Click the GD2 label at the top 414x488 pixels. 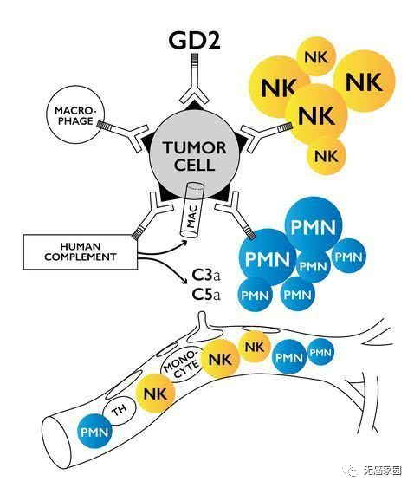pos(194,40)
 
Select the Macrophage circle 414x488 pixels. pos(75,114)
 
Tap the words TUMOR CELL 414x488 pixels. pos(195,156)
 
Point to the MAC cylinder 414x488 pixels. pos(191,211)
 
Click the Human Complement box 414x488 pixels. pos(81,251)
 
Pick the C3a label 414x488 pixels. pos(206,276)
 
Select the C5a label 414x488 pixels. pos(206,295)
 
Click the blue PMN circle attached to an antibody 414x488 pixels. pos(267,257)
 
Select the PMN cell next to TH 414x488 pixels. pos(95,432)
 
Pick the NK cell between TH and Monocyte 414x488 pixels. pos(156,394)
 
